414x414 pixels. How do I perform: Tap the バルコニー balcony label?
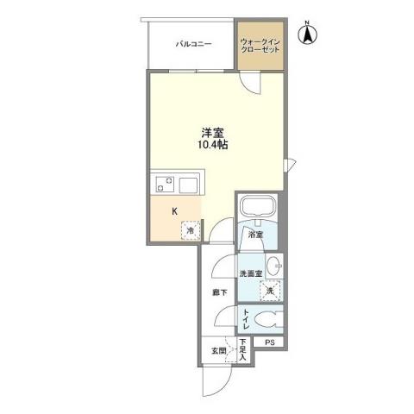194,41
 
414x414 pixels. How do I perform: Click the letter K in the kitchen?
174,210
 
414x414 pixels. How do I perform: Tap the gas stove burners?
164,184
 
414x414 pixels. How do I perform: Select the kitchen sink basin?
189,184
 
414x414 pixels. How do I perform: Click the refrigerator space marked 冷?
189,229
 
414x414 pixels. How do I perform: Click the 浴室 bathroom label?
254,235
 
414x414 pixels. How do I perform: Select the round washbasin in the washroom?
274,265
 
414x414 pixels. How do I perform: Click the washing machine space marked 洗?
271,291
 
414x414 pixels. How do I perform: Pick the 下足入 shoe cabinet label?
243,348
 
